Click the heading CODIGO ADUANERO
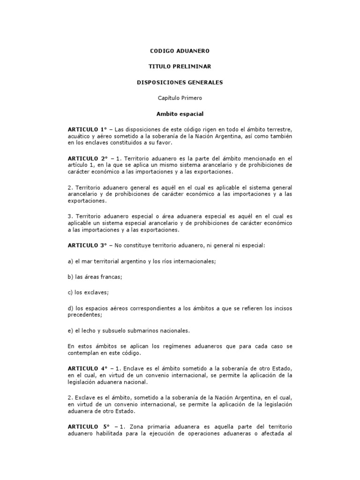tap(180, 50)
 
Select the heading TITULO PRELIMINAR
tap(180, 67)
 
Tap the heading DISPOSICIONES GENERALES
tap(180, 82)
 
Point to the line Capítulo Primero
tap(180, 98)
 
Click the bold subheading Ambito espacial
tap(180, 113)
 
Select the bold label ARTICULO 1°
tap(87, 129)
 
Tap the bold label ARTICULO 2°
tap(87, 159)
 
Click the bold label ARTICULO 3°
tap(87, 245)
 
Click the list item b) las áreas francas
tap(95, 277)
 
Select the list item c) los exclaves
tap(88, 292)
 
